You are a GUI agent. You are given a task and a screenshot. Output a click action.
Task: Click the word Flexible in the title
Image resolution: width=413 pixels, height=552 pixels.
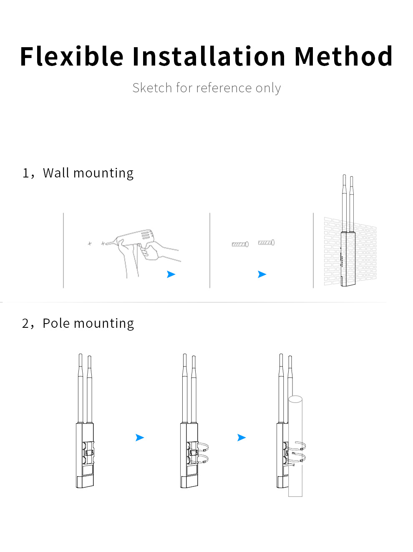click(72, 56)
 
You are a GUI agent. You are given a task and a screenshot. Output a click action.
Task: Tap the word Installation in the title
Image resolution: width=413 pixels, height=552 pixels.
click(209, 56)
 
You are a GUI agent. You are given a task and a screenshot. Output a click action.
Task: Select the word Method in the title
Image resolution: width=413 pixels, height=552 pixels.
click(343, 56)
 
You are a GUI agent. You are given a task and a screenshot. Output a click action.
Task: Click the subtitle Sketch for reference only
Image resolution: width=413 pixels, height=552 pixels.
click(206, 88)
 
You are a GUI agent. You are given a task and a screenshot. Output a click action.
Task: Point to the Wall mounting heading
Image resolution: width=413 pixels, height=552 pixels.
click(88, 173)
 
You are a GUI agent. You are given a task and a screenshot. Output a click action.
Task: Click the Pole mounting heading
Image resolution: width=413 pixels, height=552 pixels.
click(88, 323)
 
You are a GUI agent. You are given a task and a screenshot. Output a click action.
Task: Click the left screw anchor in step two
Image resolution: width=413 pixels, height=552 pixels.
click(240, 244)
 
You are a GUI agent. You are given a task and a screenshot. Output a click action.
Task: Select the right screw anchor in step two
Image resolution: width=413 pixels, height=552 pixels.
click(266, 242)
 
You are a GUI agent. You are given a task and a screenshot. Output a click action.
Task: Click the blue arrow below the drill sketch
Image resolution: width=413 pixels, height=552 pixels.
click(171, 274)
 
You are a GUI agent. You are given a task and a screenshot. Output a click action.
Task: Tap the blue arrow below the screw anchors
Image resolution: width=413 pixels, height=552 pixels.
click(262, 274)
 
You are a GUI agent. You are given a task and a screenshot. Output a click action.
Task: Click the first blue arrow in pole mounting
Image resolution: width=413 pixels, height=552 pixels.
click(140, 438)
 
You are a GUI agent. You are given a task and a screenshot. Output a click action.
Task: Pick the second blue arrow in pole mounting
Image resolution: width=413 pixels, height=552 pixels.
click(242, 438)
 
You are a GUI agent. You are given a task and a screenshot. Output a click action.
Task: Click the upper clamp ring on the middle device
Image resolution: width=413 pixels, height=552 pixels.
click(203, 447)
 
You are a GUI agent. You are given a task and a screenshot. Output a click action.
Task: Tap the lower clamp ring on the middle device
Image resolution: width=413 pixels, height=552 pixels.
click(203, 459)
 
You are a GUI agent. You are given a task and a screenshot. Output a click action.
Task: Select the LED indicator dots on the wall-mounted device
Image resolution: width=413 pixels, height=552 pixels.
click(342, 261)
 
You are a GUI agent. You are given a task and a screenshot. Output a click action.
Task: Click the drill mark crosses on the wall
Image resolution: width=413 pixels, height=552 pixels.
click(96, 243)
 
